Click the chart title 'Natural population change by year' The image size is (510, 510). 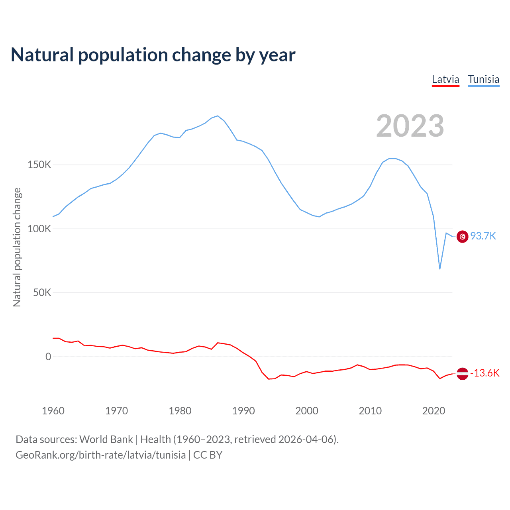coord(153,55)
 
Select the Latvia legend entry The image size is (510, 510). coord(445,79)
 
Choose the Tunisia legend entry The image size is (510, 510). coord(483,79)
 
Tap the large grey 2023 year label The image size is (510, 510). coord(410,126)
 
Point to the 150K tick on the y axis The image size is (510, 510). coord(39,165)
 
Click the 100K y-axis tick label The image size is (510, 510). coord(39,229)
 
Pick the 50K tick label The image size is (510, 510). coord(42,293)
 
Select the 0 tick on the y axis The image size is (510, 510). coord(48,357)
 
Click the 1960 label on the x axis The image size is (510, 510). coord(53,411)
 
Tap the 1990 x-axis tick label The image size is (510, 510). coord(243,411)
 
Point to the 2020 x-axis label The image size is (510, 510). coord(433,411)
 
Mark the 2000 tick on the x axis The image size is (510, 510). coord(307,411)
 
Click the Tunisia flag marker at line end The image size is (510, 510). coord(462,237)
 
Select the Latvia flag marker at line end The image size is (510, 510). coord(462,374)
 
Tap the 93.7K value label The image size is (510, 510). coord(483,236)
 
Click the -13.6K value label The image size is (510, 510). coord(484,373)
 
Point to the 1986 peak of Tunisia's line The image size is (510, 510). coord(218,116)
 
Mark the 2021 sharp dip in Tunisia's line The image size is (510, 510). coord(440,269)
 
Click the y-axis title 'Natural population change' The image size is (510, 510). coord(17,247)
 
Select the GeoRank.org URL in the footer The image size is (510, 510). coord(100,455)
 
